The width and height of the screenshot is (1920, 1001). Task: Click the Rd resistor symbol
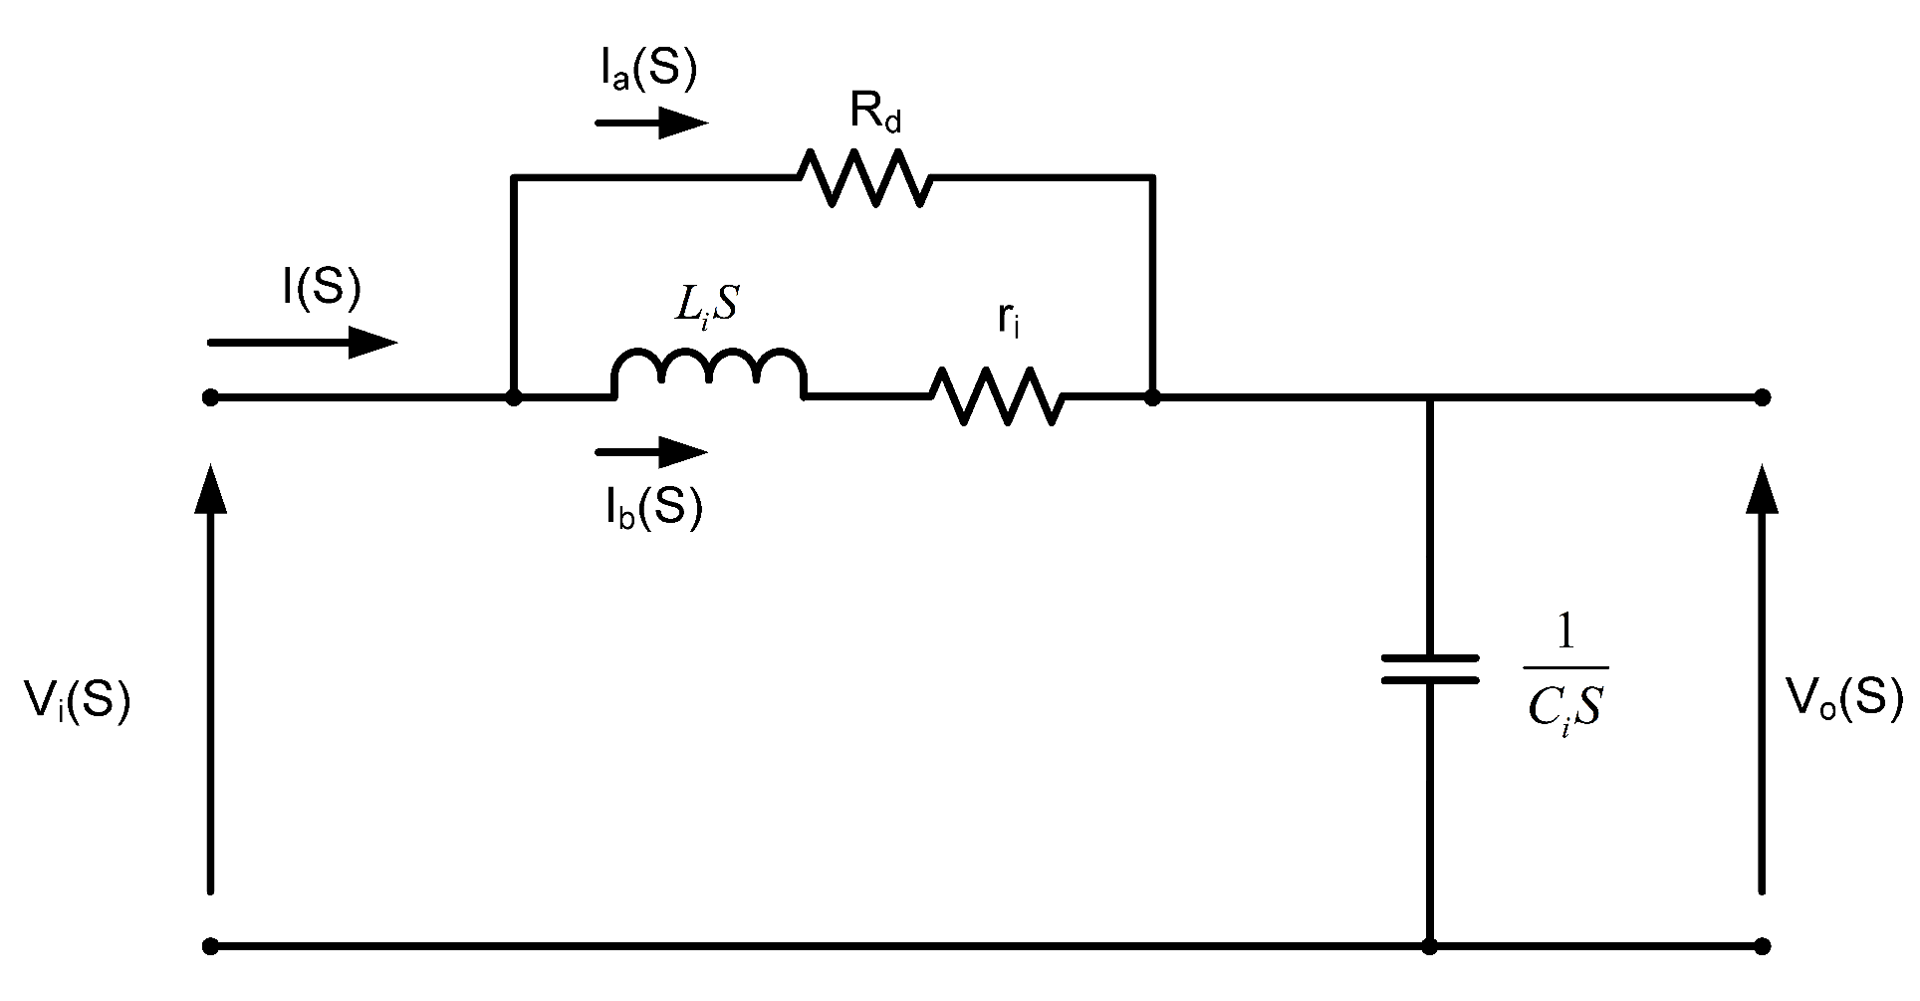coord(864,177)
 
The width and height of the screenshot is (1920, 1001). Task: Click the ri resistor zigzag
coord(998,396)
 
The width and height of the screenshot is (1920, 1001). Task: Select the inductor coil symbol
coord(709,373)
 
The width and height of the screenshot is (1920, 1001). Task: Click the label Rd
coord(875,114)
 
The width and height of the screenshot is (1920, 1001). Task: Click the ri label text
coord(1008,320)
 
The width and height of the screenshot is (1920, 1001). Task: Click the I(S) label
coord(321,288)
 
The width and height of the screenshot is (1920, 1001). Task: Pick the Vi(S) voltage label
coord(77,702)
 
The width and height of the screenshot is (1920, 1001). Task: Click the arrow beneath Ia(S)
coord(651,124)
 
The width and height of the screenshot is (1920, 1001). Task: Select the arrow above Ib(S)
coord(651,452)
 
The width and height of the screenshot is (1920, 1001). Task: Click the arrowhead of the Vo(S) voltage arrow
coord(1763,490)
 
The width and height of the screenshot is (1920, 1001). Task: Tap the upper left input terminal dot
coord(210,397)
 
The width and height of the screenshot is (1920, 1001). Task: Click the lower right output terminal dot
coord(1763,945)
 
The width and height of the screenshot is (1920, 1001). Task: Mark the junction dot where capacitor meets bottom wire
coord(1430,945)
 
